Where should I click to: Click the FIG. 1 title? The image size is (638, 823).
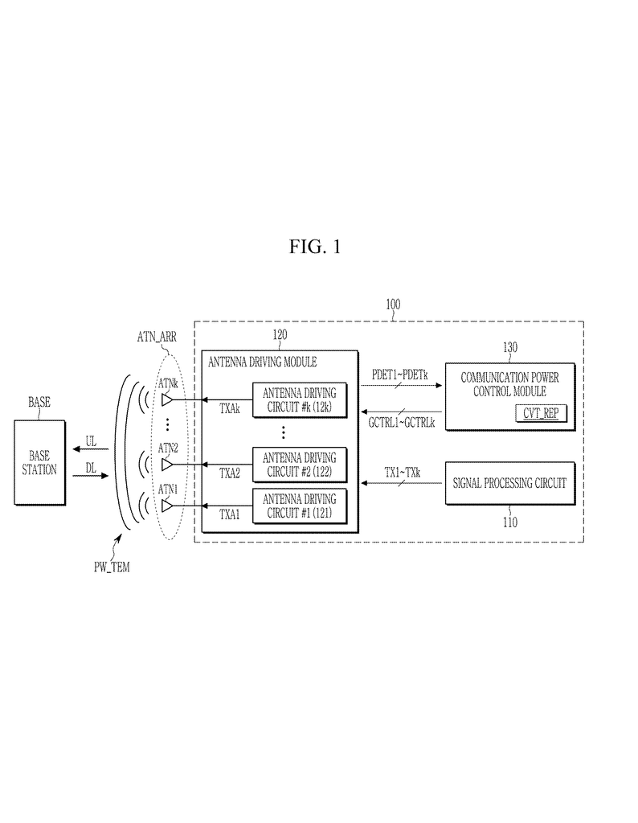[315, 247]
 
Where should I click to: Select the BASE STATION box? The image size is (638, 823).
[40, 463]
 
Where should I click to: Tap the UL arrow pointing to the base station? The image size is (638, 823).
[91, 448]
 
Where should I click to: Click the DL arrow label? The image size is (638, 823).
[91, 467]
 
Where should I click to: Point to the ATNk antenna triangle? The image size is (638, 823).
[167, 400]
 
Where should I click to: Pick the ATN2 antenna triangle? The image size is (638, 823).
[167, 465]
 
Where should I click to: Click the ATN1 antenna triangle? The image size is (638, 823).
[167, 506]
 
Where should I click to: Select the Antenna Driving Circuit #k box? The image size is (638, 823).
[300, 400]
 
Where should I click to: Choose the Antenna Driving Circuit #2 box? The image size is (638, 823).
[300, 465]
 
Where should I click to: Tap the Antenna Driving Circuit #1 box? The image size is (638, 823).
[300, 506]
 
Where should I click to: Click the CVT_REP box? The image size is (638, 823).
[541, 413]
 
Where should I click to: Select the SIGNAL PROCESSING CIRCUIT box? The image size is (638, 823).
[510, 483]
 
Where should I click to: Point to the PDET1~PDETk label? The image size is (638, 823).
[400, 375]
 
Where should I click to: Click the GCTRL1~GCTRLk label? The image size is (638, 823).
[402, 423]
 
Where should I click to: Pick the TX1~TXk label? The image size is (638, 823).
[403, 473]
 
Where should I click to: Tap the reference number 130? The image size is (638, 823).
[510, 347]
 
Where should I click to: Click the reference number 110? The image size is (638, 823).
[510, 522]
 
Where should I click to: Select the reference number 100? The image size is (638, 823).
[393, 305]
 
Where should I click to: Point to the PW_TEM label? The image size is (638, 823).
[112, 567]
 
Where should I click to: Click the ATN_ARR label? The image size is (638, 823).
[157, 337]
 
